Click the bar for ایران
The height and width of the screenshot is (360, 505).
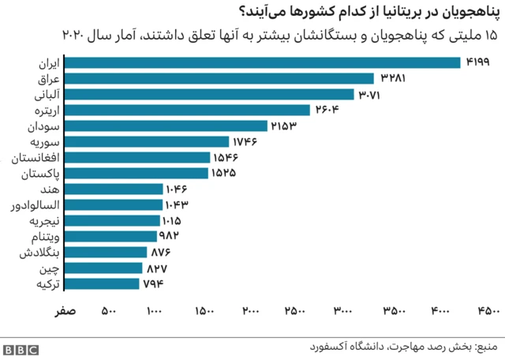click(261, 63)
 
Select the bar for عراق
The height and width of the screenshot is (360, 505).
click(218, 79)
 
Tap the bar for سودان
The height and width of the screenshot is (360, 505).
click(164, 126)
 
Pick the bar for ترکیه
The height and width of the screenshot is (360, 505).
click(100, 283)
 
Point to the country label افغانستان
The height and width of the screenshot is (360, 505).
click(32, 158)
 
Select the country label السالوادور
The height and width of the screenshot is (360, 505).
click(32, 205)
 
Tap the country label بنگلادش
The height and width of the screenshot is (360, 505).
click(36, 252)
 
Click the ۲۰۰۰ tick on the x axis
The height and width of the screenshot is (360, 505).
click(252, 310)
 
